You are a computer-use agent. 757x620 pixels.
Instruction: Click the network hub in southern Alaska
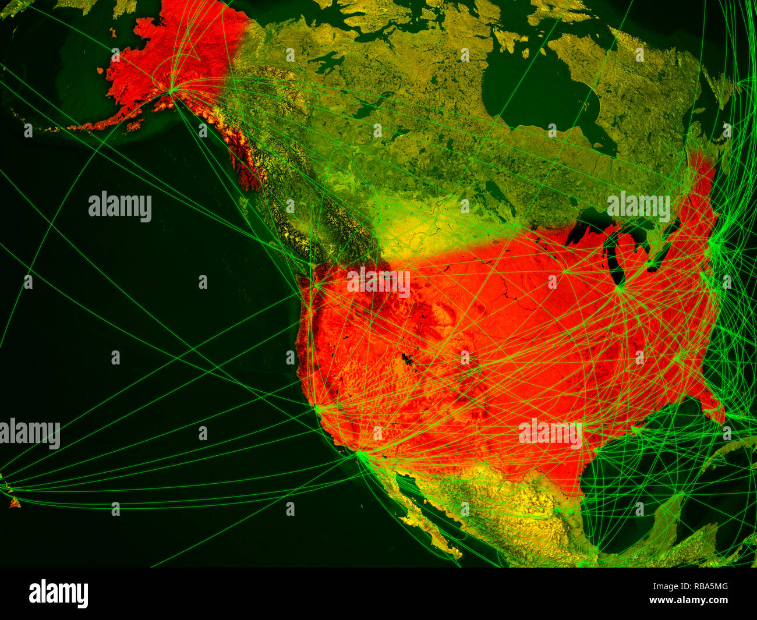[171, 90]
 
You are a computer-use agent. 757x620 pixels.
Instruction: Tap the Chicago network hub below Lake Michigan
[620, 287]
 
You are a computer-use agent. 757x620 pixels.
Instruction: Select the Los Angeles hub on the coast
[360, 454]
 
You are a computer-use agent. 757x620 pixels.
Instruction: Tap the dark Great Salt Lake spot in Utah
[408, 359]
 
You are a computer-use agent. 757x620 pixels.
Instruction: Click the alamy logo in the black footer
[59, 594]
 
